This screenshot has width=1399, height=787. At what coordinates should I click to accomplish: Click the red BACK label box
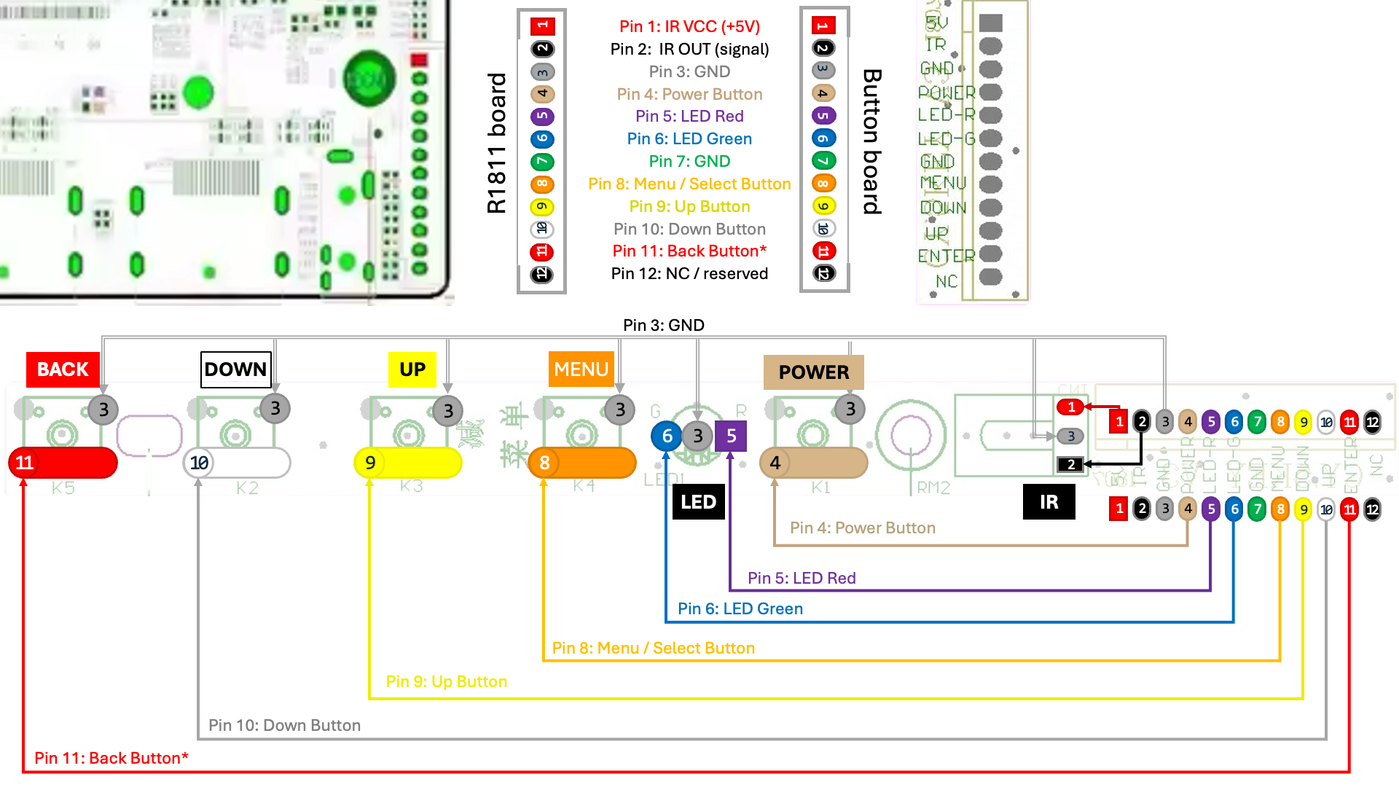pyautogui.click(x=63, y=369)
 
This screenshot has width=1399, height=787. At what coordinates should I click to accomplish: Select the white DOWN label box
pyautogui.click(x=235, y=369)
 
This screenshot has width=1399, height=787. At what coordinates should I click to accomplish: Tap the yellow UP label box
pyautogui.click(x=412, y=369)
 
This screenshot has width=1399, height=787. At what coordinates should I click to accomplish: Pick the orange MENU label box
pyautogui.click(x=581, y=369)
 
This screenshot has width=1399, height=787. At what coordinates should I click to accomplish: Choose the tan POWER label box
pyautogui.click(x=813, y=372)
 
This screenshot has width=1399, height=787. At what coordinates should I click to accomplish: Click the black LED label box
pyautogui.click(x=698, y=502)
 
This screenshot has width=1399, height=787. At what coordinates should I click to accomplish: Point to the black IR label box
pyautogui.click(x=1049, y=502)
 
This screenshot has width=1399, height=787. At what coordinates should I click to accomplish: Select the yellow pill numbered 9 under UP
pyautogui.click(x=407, y=463)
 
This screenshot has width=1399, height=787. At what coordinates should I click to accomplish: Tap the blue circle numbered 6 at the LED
pyautogui.click(x=667, y=436)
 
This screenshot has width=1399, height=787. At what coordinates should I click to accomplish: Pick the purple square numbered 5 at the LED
pyautogui.click(x=731, y=436)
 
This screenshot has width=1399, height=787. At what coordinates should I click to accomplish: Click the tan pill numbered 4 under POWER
pyautogui.click(x=813, y=463)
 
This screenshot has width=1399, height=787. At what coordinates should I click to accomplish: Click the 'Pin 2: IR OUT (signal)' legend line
pyautogui.click(x=689, y=49)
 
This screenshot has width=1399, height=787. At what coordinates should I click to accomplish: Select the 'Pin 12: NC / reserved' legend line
pyautogui.click(x=689, y=274)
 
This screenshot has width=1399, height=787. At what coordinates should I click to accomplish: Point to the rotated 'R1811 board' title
pyautogui.click(x=496, y=143)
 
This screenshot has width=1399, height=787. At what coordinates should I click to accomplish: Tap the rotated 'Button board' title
pyautogui.click(x=872, y=142)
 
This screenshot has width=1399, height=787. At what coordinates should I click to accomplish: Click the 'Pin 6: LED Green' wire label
pyautogui.click(x=740, y=609)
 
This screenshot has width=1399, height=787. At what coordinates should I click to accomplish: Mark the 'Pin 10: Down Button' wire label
pyautogui.click(x=284, y=726)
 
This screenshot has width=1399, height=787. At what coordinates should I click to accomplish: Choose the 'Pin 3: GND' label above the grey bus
pyautogui.click(x=663, y=325)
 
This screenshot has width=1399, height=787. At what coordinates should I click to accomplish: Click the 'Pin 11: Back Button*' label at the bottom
pyautogui.click(x=111, y=759)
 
